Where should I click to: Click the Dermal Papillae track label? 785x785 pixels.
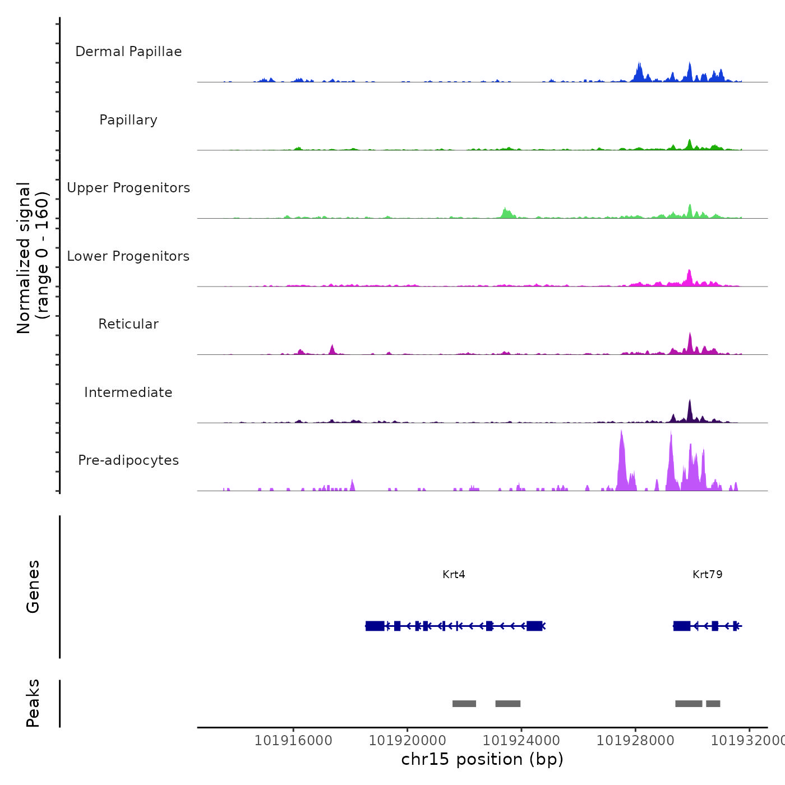click(x=128, y=52)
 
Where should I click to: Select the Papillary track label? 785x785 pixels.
click(x=128, y=120)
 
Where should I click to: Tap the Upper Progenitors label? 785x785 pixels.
click(x=128, y=188)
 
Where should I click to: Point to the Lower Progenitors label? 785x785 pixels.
click(x=128, y=256)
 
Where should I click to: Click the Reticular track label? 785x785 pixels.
click(x=128, y=324)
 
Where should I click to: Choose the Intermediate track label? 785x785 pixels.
click(x=128, y=392)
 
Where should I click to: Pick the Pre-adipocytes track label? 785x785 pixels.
click(x=128, y=460)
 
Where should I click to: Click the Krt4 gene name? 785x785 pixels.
click(x=454, y=575)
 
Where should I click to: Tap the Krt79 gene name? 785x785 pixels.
click(x=707, y=575)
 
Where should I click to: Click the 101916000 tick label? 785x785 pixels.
click(x=293, y=741)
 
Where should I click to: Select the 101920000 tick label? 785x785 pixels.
click(x=407, y=741)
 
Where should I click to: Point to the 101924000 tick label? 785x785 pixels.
click(x=521, y=741)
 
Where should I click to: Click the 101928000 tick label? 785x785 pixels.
click(x=635, y=741)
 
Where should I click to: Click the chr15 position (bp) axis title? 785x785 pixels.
click(x=482, y=759)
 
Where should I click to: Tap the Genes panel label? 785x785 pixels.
click(x=33, y=587)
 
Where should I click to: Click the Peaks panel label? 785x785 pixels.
click(x=33, y=703)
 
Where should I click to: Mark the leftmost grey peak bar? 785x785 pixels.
click(x=464, y=704)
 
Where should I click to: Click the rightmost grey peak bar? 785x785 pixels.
click(x=713, y=704)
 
